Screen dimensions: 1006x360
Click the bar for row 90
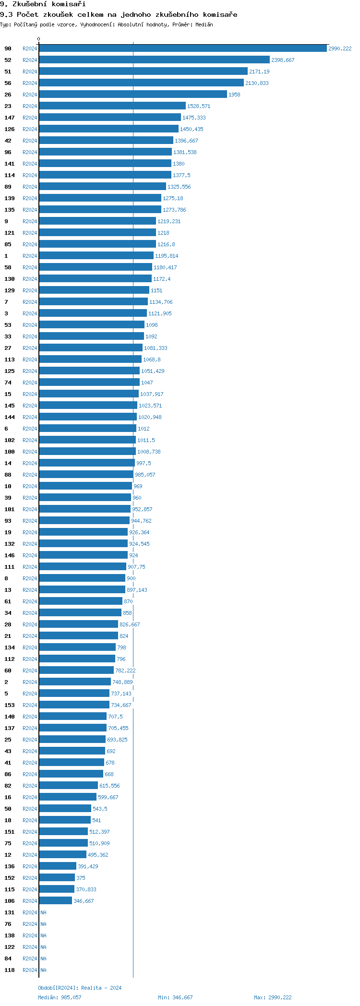coord(182,48)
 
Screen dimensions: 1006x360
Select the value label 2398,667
coord(283,60)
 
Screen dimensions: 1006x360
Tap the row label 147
coord(10,118)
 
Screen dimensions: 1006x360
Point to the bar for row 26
coord(132,95)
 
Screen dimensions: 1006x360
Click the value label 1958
coord(234,95)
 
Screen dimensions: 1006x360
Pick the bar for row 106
coord(55,901)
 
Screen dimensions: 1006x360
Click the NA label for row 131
coord(43,912)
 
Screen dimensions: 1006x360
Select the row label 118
coord(10,970)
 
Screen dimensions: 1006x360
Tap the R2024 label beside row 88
coord(30,475)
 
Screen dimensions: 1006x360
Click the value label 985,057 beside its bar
coord(145,475)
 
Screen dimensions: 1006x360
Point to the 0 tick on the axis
coord(39,39)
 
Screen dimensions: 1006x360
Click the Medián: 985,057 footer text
coord(60,997)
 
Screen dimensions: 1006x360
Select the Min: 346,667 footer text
coord(175,997)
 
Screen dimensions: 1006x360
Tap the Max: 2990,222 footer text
coord(273,997)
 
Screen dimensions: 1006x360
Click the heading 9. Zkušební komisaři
coord(43,4)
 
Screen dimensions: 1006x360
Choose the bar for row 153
coord(74,705)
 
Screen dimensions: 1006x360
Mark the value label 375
coord(81,878)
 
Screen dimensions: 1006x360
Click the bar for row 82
coord(68,786)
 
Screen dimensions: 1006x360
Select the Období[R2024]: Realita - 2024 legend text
coord(80,988)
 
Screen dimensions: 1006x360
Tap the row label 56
coord(8,83)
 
